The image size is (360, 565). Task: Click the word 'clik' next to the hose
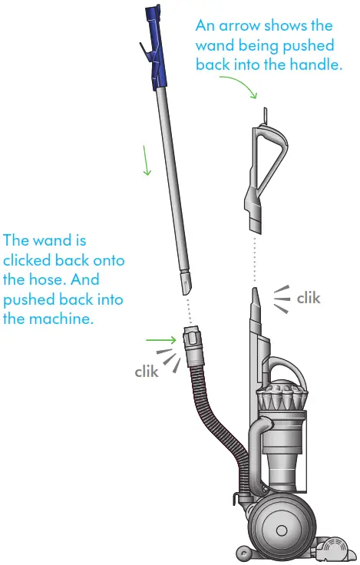coord(146,372)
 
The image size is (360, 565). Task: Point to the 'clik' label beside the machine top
coord(308,297)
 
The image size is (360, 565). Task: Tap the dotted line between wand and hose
coord(188,311)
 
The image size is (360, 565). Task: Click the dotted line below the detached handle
coord(255,257)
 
